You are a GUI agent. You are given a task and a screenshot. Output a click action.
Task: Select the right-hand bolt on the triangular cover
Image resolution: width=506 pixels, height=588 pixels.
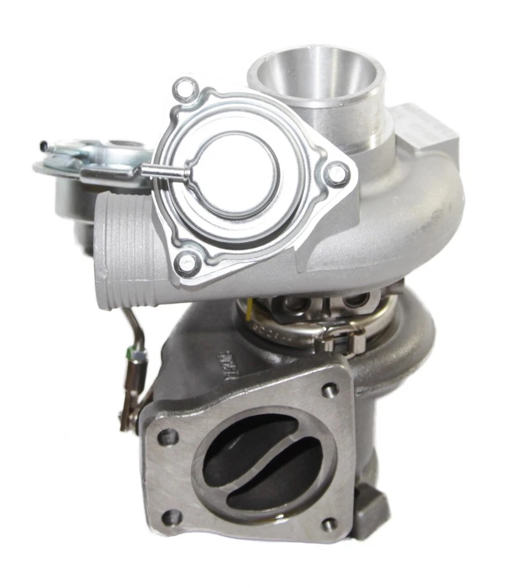pos(337,175)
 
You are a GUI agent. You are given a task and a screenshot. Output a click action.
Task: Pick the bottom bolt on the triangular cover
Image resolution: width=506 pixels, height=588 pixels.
pos(188,263)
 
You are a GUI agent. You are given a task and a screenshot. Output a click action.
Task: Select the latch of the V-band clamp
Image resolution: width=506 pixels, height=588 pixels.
pos(343,337)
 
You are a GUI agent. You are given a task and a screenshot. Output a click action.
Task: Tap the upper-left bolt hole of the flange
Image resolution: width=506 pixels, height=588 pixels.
pos(168,437)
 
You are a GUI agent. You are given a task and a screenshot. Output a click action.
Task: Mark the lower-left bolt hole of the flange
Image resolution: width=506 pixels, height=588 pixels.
pos(172,518)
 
